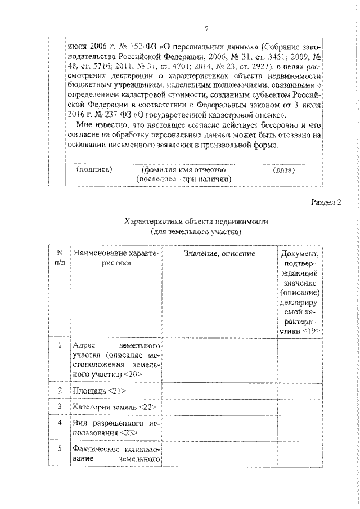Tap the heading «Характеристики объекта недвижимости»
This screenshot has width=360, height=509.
(x=196, y=222)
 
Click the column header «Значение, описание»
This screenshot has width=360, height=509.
(x=219, y=254)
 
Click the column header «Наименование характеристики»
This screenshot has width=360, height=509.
(x=116, y=258)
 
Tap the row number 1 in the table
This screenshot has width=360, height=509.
(x=60, y=345)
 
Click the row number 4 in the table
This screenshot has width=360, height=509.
(x=60, y=422)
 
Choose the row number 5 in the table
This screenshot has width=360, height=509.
(x=60, y=448)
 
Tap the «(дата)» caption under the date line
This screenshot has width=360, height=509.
(x=284, y=169)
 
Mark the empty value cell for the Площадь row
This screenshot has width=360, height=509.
(x=219, y=390)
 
